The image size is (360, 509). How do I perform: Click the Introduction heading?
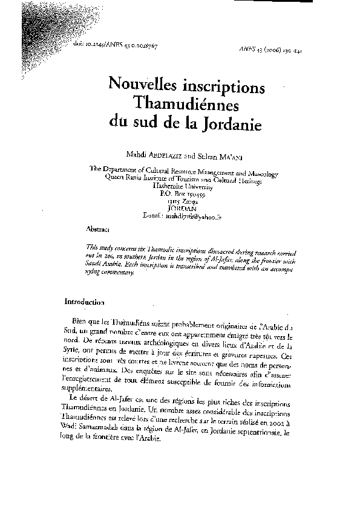point(85,302)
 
